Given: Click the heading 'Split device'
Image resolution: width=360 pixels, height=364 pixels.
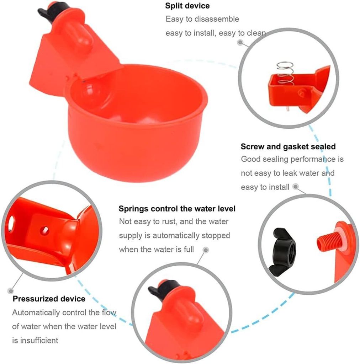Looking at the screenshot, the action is (187, 6).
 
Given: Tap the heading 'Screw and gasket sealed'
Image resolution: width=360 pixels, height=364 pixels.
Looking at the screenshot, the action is (288, 147).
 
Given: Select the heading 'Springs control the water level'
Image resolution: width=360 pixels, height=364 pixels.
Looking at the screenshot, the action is (177, 209).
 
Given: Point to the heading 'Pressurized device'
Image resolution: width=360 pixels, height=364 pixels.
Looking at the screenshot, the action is (49, 299).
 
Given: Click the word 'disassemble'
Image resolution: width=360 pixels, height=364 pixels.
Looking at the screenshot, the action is (217, 19).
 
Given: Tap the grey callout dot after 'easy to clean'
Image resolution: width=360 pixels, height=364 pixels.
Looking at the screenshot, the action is (240, 43).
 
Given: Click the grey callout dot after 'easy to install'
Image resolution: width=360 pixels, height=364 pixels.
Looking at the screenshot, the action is (295, 187).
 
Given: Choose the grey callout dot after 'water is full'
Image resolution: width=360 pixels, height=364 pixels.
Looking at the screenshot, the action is (206, 250).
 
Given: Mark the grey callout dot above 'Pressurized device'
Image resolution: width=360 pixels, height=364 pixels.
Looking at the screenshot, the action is (10, 291).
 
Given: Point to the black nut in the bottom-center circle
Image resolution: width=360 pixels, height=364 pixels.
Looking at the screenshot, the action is (163, 288).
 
